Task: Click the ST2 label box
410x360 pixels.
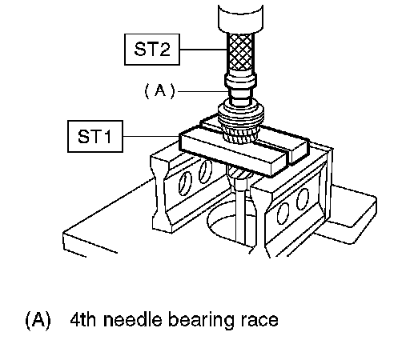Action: (152, 50)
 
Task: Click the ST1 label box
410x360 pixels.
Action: (95, 136)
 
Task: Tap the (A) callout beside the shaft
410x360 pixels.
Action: (159, 91)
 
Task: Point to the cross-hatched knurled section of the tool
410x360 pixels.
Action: (240, 52)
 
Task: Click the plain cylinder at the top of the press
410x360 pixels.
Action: (240, 18)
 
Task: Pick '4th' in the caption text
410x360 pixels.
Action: (82, 320)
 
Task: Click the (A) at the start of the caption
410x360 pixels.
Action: (38, 320)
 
